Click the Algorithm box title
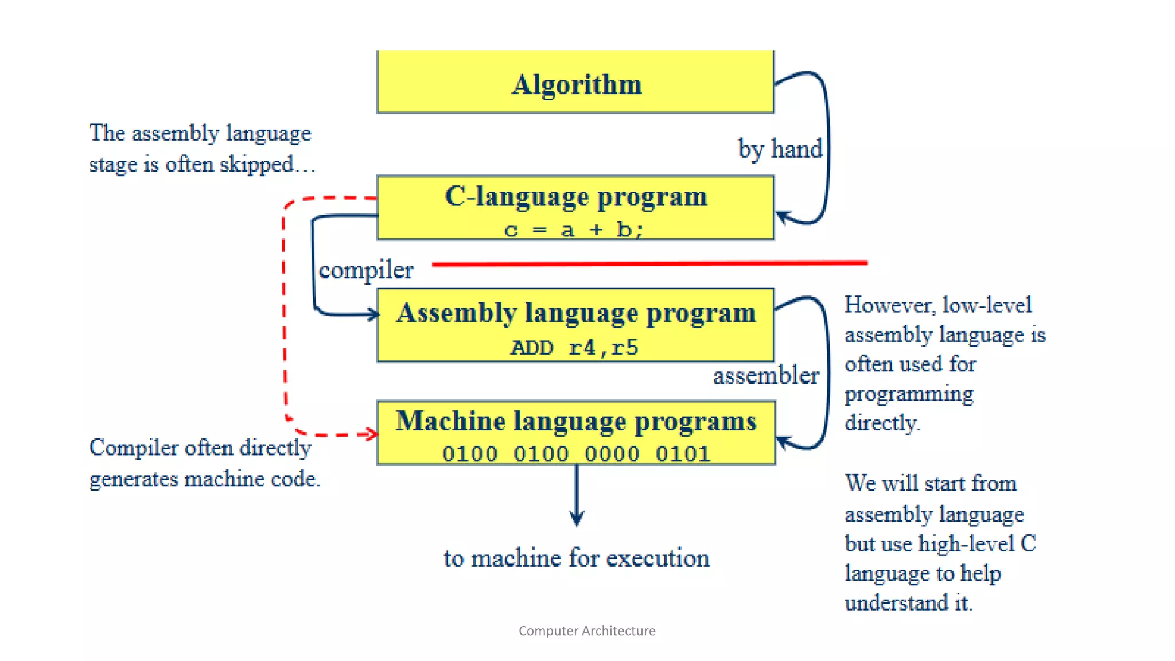576,84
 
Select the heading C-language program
576,197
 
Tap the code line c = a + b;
574,230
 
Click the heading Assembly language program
576,313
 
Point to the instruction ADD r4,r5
574,347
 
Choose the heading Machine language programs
576,421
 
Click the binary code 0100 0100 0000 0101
576,454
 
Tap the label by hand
780,149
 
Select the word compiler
366,270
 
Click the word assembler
766,376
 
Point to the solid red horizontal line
648,263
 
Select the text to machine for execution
576,558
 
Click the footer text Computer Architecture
587,631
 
